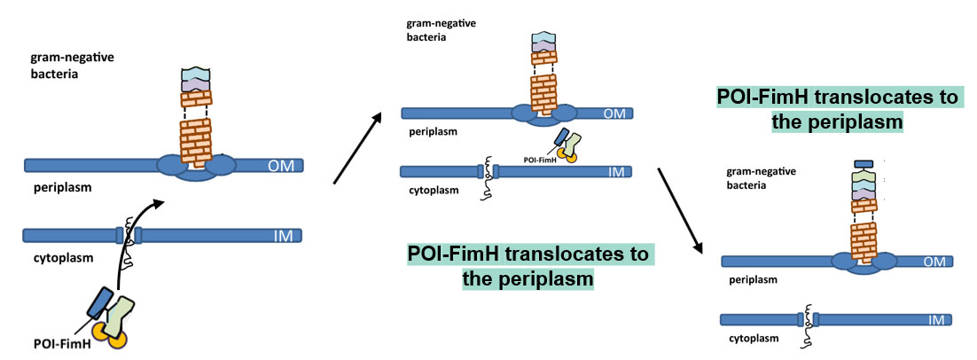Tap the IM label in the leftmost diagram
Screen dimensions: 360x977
[x=284, y=236]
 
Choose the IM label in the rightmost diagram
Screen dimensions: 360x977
[x=936, y=319]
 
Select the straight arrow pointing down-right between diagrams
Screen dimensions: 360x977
[x=681, y=208]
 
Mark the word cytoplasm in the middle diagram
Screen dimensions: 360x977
[x=431, y=189]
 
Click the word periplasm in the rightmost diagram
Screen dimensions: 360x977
[x=752, y=280]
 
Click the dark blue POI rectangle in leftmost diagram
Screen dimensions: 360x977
[x=99, y=301]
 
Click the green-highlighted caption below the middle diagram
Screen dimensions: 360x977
[x=529, y=266]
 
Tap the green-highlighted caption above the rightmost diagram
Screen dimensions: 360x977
[x=838, y=110]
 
